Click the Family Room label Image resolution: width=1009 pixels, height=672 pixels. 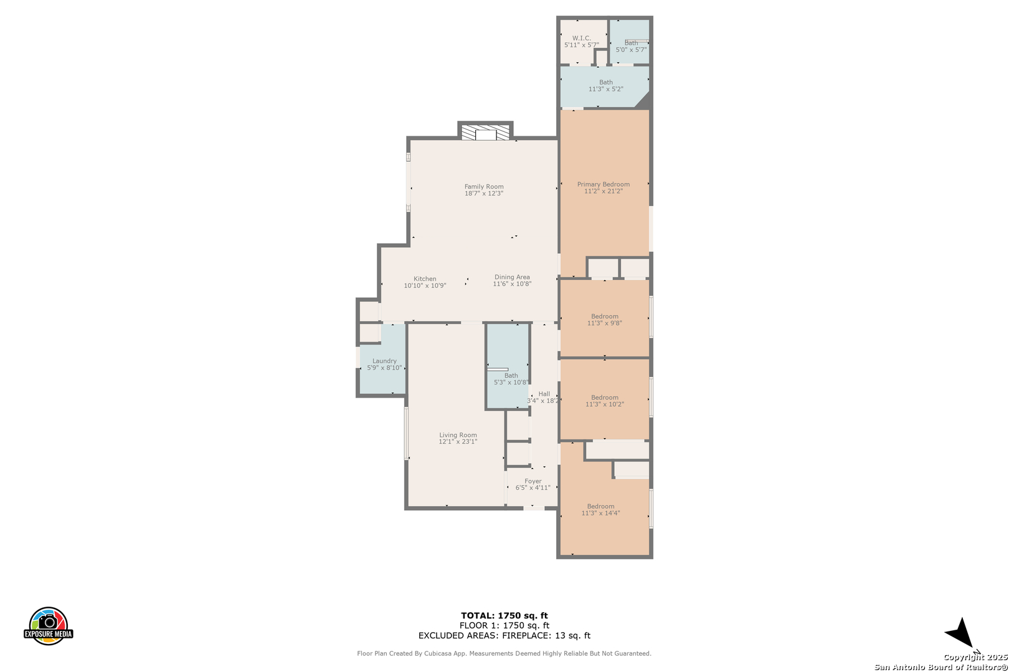[484, 186]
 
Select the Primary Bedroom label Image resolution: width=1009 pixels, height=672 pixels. [603, 184]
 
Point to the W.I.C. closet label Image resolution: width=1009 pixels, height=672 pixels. [582, 38]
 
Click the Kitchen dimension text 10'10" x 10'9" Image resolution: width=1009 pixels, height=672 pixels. [425, 286]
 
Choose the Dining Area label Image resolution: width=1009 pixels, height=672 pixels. [512, 277]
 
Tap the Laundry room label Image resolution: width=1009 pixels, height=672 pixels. [384, 360]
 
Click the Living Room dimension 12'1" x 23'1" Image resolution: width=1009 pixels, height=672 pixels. [458, 442]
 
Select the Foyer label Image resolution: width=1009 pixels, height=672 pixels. [533, 481]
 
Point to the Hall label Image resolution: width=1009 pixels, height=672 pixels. [544, 394]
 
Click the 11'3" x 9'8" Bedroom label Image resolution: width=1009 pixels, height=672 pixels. [605, 316]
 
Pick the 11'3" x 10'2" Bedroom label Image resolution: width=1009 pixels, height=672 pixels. [605, 398]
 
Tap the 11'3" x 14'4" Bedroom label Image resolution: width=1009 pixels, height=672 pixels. [600, 506]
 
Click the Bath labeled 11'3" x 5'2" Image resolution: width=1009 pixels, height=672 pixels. [606, 82]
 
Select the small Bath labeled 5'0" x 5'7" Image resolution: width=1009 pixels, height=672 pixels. [631, 43]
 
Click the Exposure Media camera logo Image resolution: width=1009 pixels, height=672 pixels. [48, 625]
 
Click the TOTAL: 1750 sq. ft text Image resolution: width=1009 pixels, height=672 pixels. [504, 615]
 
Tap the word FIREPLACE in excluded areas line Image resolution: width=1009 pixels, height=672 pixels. [526, 635]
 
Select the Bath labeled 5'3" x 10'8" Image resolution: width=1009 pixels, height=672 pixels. [511, 375]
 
